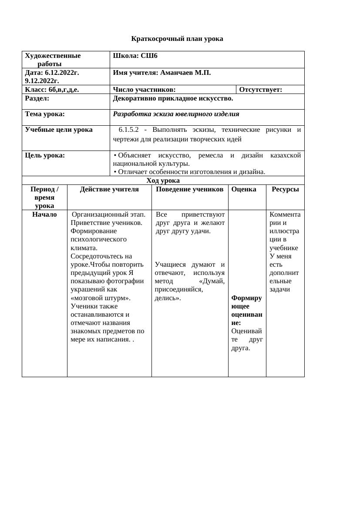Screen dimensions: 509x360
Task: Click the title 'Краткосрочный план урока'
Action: coord(177,39)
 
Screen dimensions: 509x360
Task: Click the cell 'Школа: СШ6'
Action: coord(135,56)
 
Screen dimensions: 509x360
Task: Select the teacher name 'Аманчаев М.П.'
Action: coord(185,73)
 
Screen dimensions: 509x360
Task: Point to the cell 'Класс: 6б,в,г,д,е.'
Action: coord(52,90)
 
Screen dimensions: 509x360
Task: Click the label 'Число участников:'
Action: coord(144,90)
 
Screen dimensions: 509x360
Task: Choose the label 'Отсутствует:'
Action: coord(260,90)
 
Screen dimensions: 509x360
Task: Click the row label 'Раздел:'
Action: coord(37,98)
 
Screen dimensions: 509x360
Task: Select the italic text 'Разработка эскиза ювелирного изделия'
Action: coord(176,114)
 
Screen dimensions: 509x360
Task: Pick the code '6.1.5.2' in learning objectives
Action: coord(128,130)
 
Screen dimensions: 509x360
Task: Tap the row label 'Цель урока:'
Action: coord(45,155)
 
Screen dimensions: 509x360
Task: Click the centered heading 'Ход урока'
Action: coord(163,181)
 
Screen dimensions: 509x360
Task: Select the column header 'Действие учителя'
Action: coord(109,189)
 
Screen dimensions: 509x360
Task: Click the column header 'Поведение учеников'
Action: coord(189,189)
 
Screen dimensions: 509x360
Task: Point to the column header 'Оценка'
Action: coord(244,189)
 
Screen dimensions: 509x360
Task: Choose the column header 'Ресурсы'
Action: coord(285,189)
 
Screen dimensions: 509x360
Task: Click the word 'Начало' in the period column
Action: coord(44,214)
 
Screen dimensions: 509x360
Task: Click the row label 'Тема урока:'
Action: coord(45,114)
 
